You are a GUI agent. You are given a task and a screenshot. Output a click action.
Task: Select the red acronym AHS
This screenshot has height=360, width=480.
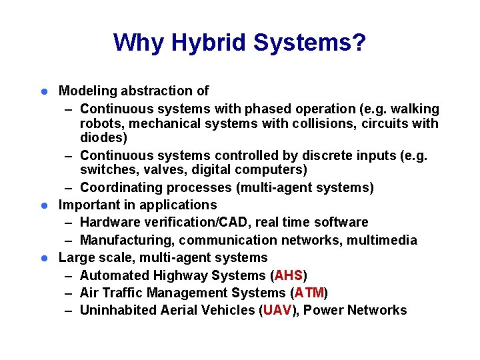tap(289, 275)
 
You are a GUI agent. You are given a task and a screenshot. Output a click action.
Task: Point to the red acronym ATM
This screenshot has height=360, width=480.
tap(309, 293)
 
